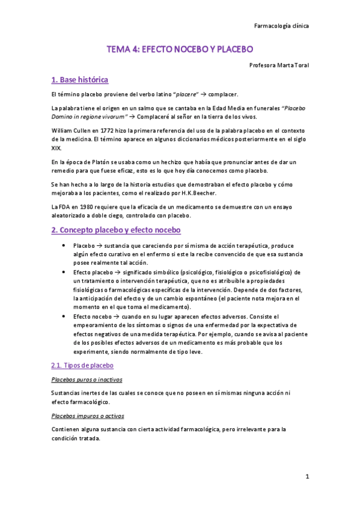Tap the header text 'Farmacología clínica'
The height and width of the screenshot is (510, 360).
[x=282, y=26]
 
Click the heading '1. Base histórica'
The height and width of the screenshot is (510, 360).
[x=80, y=79]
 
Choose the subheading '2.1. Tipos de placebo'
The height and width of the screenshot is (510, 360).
[x=83, y=365]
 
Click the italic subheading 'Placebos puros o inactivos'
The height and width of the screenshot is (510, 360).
[x=87, y=379]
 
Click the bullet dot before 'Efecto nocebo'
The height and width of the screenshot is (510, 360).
[x=64, y=315]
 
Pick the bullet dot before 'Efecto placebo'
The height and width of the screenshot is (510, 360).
[x=64, y=272]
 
